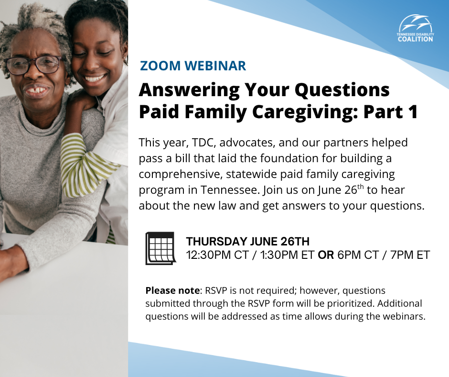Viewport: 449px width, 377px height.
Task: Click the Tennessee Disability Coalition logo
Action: pyautogui.click(x=415, y=29)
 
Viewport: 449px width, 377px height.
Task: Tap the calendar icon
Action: pyautogui.click(x=160, y=248)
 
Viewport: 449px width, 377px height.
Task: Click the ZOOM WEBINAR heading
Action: pyautogui.click(x=192, y=66)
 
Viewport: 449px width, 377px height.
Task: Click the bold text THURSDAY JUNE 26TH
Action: pyautogui.click(x=248, y=242)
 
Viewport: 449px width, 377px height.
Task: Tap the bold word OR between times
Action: pyautogui.click(x=326, y=255)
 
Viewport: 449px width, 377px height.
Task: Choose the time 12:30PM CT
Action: pyautogui.click(x=217, y=255)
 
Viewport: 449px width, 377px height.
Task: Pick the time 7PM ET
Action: pyautogui.click(x=410, y=255)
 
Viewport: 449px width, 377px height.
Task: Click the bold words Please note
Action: pyautogui.click(x=172, y=290)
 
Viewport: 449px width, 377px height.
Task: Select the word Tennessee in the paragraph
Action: pyautogui.click(x=230, y=190)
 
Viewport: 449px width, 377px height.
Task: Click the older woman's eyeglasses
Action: pyautogui.click(x=33, y=65)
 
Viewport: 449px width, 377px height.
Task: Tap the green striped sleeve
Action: pyautogui.click(x=86, y=166)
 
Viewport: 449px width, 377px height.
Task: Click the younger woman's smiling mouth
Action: pyautogui.click(x=95, y=78)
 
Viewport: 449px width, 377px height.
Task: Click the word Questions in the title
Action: pyautogui.click(x=342, y=90)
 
